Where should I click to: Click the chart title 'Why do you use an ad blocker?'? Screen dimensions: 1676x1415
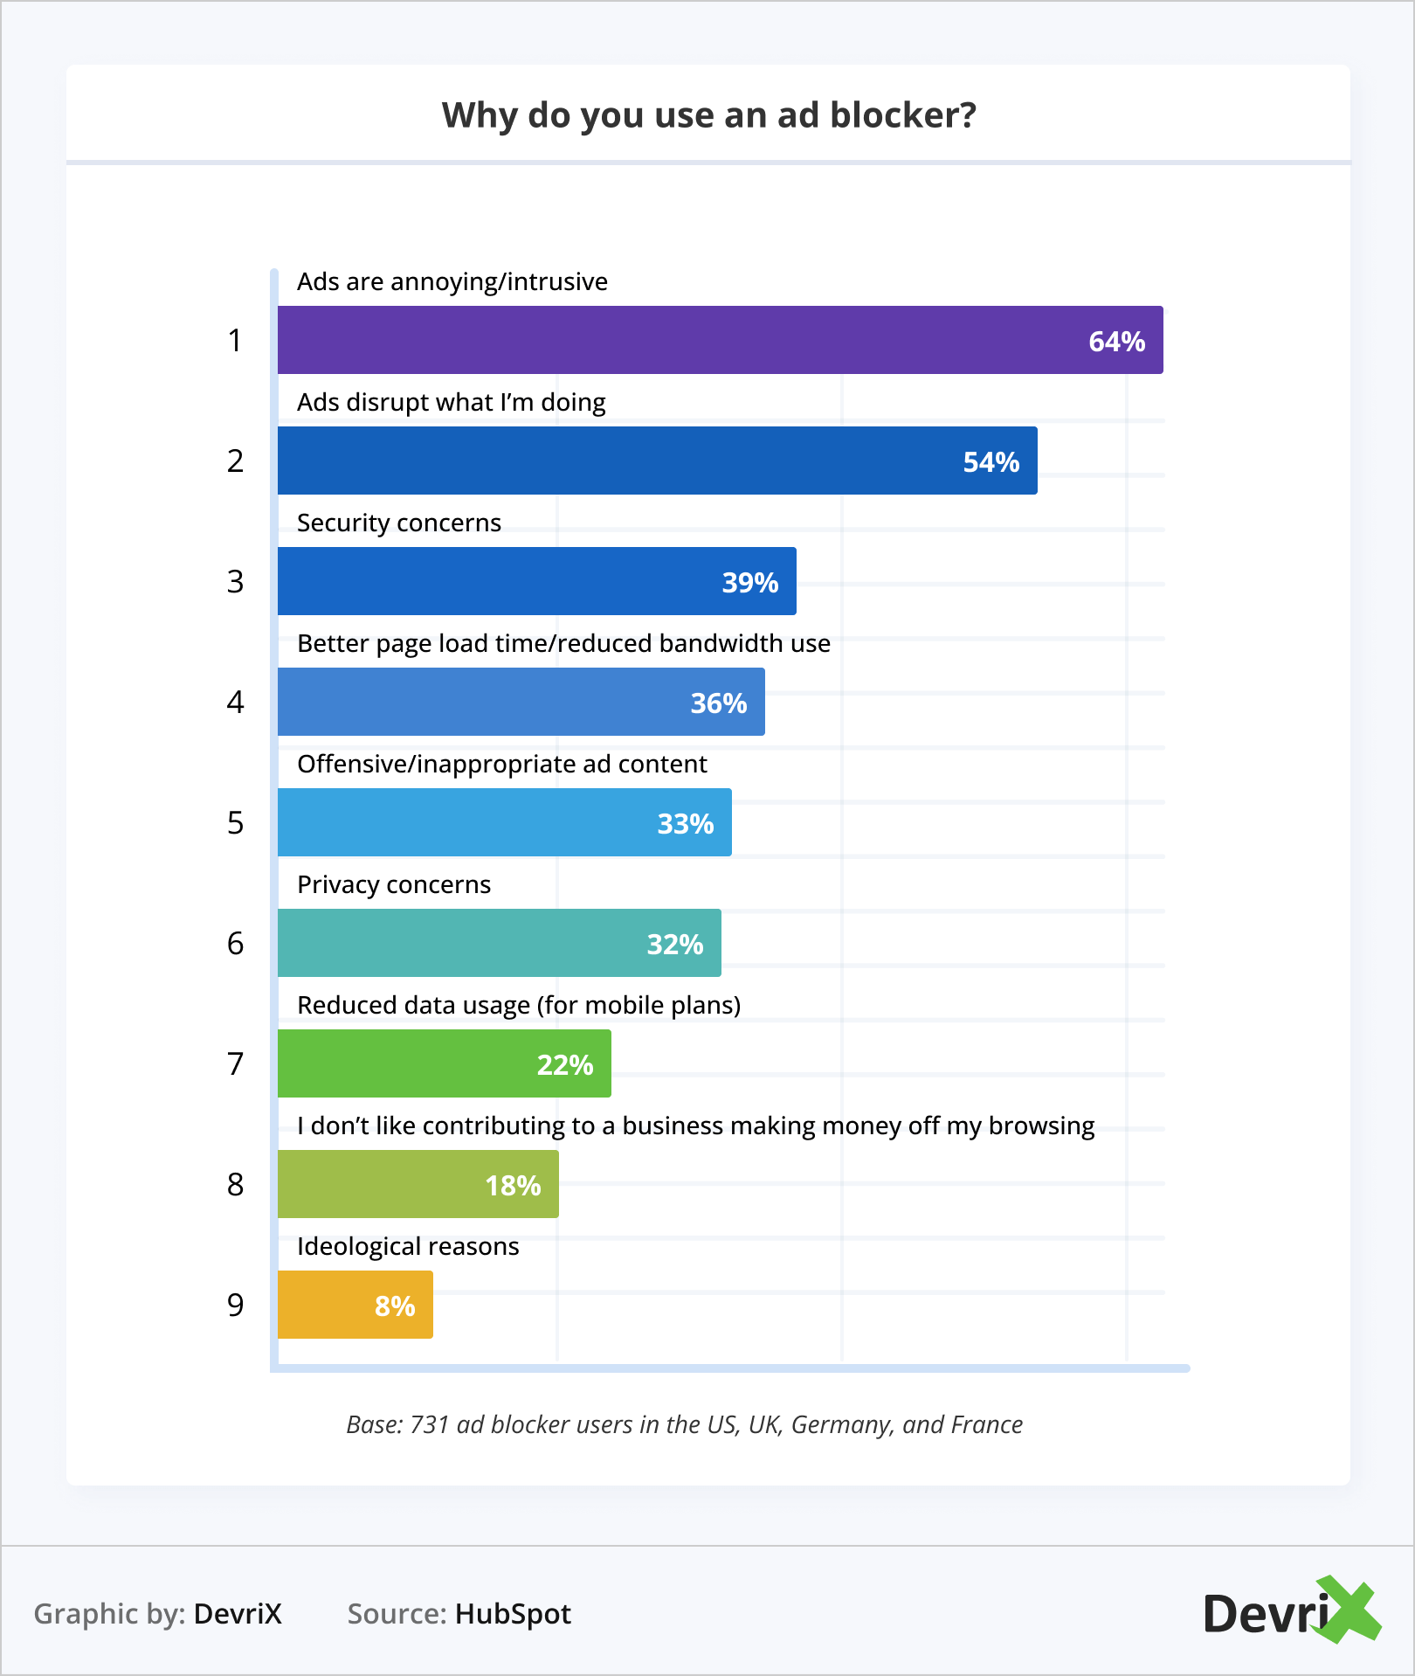tap(708, 115)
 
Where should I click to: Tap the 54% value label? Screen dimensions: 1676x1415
tap(990, 462)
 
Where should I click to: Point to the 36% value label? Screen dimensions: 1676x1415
tap(718, 703)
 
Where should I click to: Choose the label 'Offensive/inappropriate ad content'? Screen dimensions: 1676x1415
tap(501, 764)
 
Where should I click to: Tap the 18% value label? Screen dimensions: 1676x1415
tap(513, 1186)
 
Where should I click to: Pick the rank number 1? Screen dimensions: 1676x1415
tap(235, 340)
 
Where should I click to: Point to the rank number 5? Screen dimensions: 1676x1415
tap(235, 822)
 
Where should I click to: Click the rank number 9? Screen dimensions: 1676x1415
tap(235, 1305)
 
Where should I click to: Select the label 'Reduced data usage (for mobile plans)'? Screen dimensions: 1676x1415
tap(519, 1005)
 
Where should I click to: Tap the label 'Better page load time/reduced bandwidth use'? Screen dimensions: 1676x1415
tap(563, 643)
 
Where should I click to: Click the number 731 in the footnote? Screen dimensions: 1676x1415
tap(429, 1424)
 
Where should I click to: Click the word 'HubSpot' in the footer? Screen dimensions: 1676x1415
tap(513, 1614)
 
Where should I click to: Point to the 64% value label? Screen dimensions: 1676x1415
tap(1116, 342)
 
